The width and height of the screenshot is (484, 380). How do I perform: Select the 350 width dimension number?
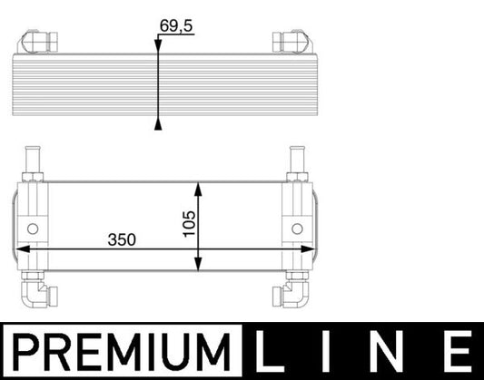point(122,239)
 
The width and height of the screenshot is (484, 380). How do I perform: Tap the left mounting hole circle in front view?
point(34,227)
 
